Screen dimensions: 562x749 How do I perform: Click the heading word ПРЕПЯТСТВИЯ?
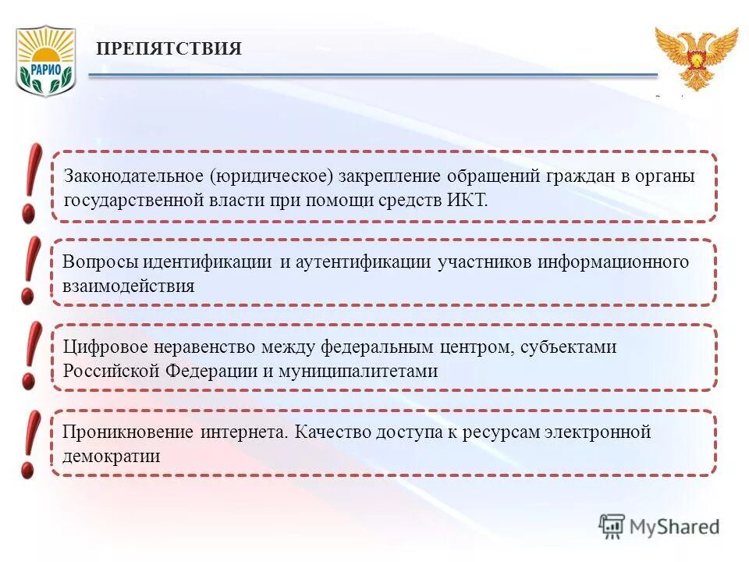coord(169,49)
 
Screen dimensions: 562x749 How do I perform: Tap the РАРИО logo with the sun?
coord(45,60)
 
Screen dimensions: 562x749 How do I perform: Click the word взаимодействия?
coord(128,286)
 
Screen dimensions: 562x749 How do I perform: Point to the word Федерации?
coord(210,372)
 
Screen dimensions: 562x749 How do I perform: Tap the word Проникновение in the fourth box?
coord(128,432)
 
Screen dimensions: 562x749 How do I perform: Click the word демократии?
coord(111,457)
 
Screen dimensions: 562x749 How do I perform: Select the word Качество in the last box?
coord(332,432)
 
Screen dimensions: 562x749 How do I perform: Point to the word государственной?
coord(133,200)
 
